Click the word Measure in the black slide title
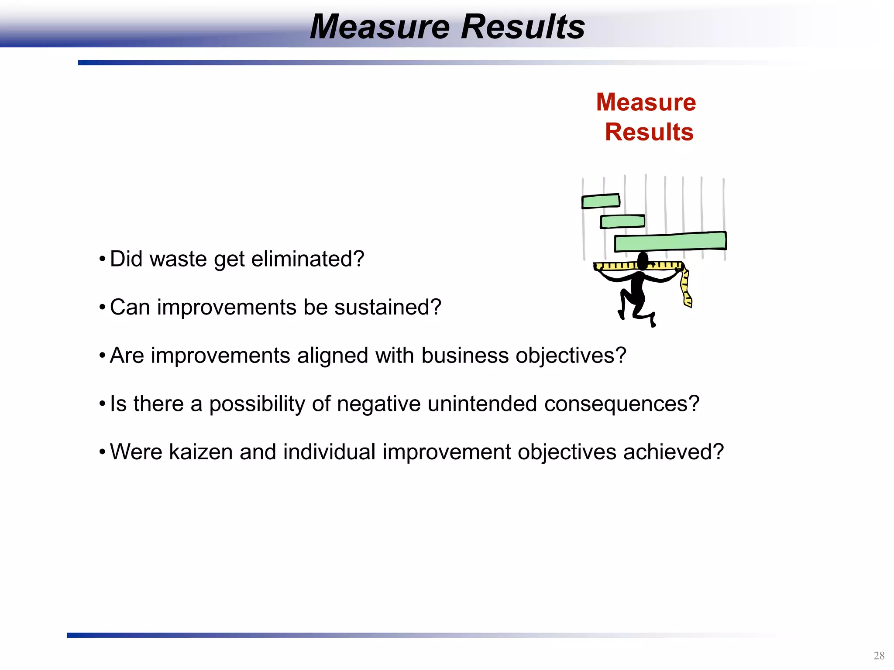pyautogui.click(x=379, y=27)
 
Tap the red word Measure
pyautogui.click(x=646, y=103)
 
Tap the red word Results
pyautogui.click(x=649, y=132)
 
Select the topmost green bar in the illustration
pyautogui.click(x=601, y=201)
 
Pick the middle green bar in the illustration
pyautogui.click(x=622, y=222)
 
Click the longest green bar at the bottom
pyautogui.click(x=670, y=242)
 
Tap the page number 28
pyautogui.click(x=879, y=656)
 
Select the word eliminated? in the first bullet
pyautogui.click(x=307, y=259)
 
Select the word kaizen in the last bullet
pyautogui.click(x=200, y=452)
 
